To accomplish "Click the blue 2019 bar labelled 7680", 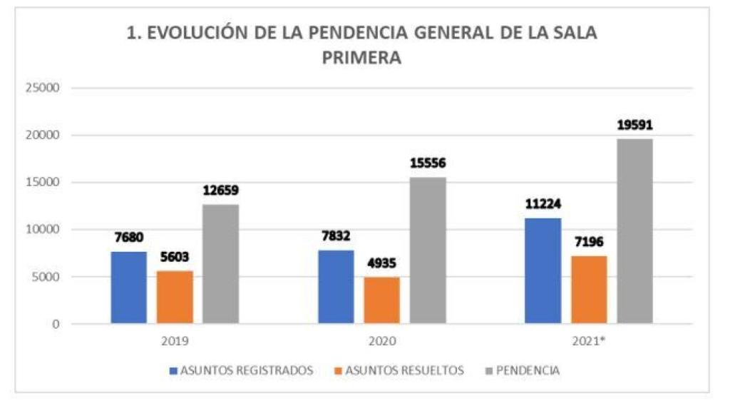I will (128, 288).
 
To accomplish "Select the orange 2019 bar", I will (175, 297).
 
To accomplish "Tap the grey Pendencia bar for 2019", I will (220, 264).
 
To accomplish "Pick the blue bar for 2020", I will (335, 287).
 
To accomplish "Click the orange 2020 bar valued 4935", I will (381, 300).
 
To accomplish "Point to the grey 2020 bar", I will (428, 250).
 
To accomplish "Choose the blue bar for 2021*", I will (543, 271).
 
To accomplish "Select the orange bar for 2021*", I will (589, 289).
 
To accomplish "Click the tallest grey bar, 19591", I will (634, 231).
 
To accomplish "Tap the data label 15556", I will (428, 163).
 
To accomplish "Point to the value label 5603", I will (175, 258).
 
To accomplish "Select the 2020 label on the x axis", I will (381, 341).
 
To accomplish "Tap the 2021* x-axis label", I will (589, 341).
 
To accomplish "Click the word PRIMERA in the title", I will (361, 59).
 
